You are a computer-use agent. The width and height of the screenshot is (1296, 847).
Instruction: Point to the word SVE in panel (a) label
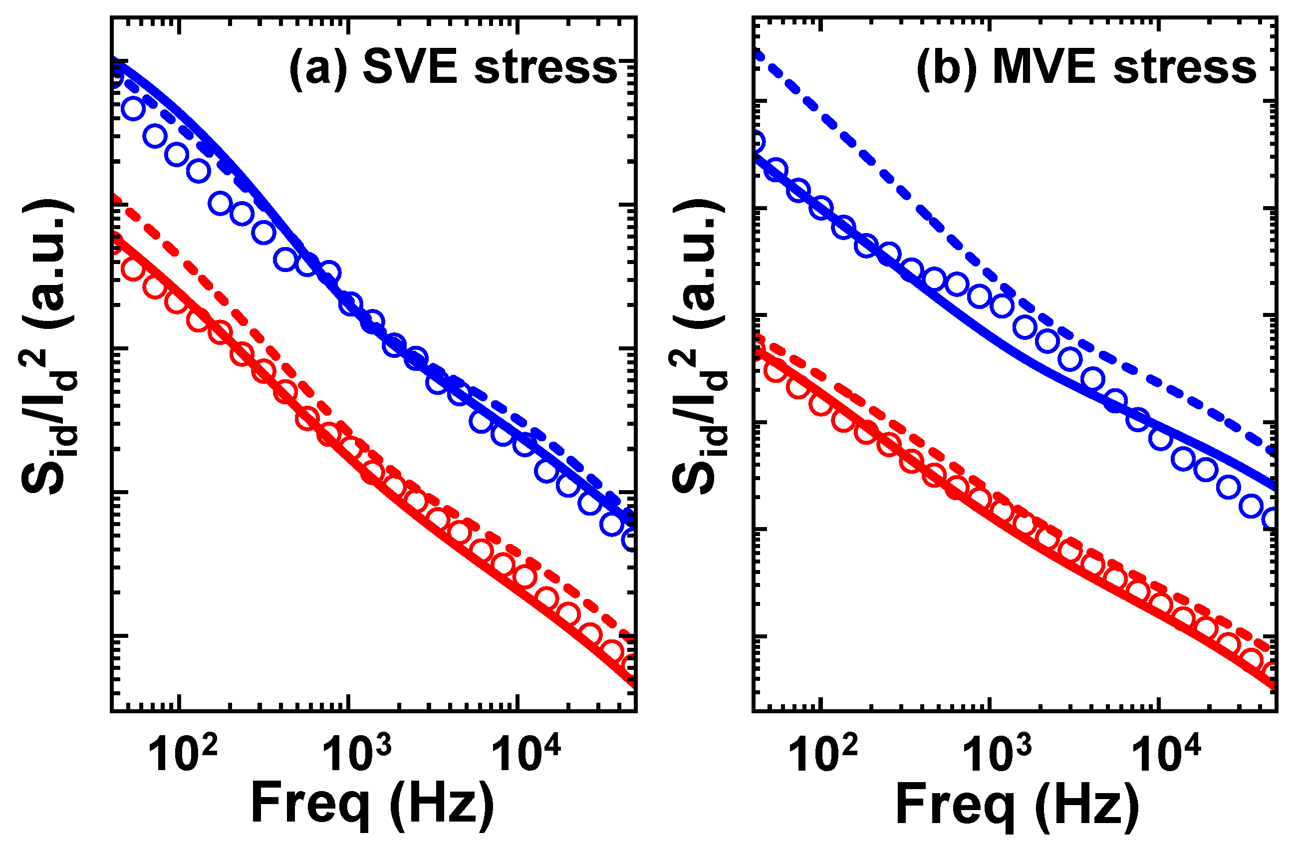[410, 66]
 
